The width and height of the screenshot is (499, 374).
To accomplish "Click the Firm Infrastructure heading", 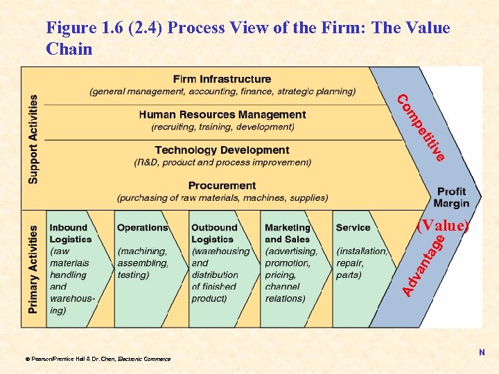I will [222, 79].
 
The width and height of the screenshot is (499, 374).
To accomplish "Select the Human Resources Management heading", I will [222, 114].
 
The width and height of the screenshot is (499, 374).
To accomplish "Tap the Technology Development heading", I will [222, 150].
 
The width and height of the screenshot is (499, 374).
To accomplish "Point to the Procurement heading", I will [222, 185].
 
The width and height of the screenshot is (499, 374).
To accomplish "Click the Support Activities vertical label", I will [33, 139].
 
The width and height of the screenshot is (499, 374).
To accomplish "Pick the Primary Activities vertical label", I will [33, 269].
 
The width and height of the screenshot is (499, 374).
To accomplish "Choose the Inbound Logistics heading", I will [70, 233].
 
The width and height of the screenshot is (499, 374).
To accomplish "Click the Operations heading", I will [142, 227].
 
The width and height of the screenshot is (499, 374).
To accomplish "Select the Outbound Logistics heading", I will [214, 233].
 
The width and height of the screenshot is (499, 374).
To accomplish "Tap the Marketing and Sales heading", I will [288, 233].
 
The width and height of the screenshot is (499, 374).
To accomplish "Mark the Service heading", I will [353, 227].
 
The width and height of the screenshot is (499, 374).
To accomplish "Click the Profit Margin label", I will [451, 197].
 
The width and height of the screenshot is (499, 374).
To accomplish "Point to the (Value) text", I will [443, 226].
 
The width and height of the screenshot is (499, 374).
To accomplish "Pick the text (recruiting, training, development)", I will [222, 127].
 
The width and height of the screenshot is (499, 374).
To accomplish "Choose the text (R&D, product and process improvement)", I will [222, 162].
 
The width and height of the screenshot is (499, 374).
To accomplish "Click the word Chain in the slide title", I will [69, 48].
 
